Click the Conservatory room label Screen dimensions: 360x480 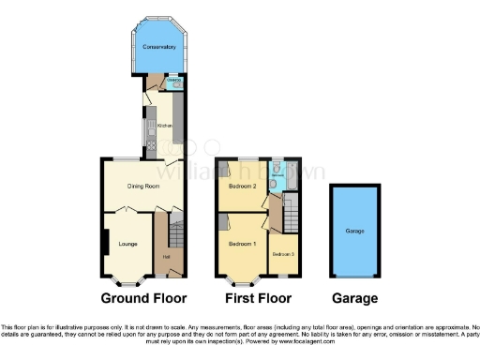click(x=159, y=47)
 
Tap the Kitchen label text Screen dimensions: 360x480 click(x=164, y=125)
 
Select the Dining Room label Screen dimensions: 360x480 click(x=144, y=187)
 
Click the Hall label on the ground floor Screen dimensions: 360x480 click(x=166, y=256)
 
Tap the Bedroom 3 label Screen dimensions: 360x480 click(x=283, y=254)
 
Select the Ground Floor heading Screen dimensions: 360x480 click(x=144, y=299)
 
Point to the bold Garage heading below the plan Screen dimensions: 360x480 click(x=354, y=299)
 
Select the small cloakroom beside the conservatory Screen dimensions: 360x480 click(x=173, y=82)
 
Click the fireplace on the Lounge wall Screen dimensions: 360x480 click(x=103, y=242)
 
